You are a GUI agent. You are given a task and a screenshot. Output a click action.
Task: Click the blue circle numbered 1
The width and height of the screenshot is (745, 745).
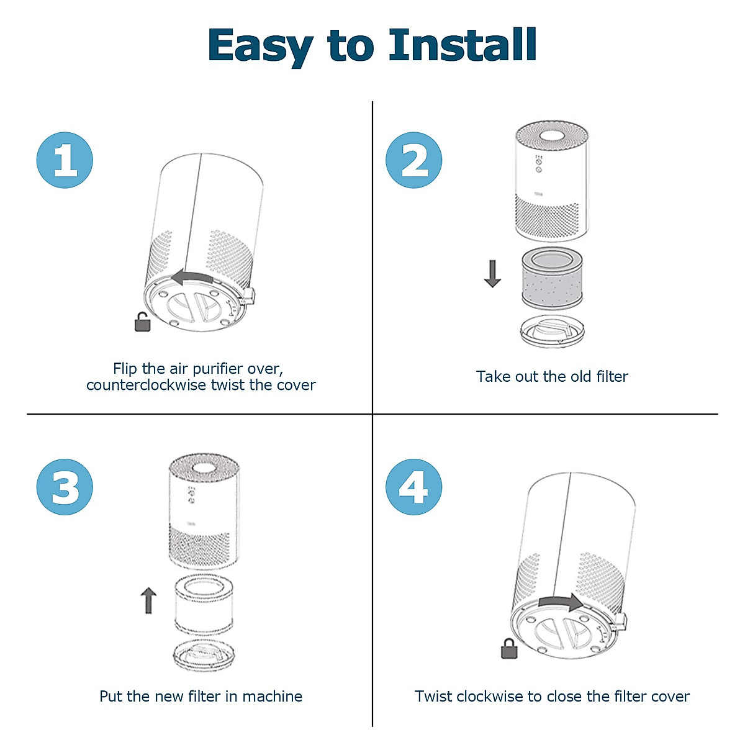click(65, 160)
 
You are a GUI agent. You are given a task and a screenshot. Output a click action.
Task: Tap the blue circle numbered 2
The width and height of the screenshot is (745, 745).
click(413, 160)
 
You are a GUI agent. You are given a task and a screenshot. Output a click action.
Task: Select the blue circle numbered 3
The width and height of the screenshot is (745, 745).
click(65, 487)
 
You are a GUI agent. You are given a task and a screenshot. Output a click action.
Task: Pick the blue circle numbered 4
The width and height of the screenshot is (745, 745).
click(413, 487)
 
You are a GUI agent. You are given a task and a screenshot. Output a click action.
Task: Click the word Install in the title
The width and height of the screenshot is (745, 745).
click(463, 45)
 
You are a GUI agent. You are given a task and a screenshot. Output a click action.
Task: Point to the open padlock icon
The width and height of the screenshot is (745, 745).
click(142, 322)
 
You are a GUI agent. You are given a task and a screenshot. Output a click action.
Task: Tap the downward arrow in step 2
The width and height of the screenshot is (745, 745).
click(492, 274)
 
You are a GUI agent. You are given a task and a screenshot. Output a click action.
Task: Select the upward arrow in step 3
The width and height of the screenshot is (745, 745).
click(148, 600)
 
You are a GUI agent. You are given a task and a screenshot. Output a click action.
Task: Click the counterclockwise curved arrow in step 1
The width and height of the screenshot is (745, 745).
click(192, 278)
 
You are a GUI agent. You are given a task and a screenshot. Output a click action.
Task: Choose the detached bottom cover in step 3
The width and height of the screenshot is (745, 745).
click(204, 656)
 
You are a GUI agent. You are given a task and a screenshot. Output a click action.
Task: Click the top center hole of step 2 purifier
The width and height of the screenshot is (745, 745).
click(552, 136)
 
